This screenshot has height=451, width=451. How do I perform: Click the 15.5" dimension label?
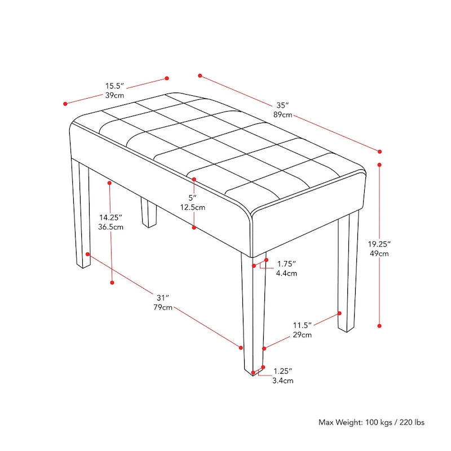(x=114, y=86)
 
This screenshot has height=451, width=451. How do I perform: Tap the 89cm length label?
(x=283, y=115)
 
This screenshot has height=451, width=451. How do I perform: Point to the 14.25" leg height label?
(x=111, y=217)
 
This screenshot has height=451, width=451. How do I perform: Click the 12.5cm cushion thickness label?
(x=193, y=207)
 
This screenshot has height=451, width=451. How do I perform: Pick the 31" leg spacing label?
(x=163, y=298)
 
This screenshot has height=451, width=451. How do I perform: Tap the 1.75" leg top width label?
(x=286, y=264)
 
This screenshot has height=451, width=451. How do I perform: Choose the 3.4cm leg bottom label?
(x=283, y=381)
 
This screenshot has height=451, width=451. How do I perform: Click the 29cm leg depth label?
(x=302, y=335)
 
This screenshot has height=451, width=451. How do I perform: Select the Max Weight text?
(x=372, y=422)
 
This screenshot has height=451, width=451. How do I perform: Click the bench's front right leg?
(x=253, y=316)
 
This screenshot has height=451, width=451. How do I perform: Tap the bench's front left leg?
(x=81, y=214)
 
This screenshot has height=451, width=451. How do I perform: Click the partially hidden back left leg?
(x=148, y=213)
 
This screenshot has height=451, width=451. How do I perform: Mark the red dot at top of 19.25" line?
(x=379, y=165)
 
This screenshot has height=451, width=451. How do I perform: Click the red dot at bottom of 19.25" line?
(x=379, y=325)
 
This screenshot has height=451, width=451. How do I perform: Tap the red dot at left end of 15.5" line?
(x=65, y=103)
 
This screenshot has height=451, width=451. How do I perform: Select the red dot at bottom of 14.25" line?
(x=112, y=282)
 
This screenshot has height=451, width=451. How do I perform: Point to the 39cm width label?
(x=114, y=96)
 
